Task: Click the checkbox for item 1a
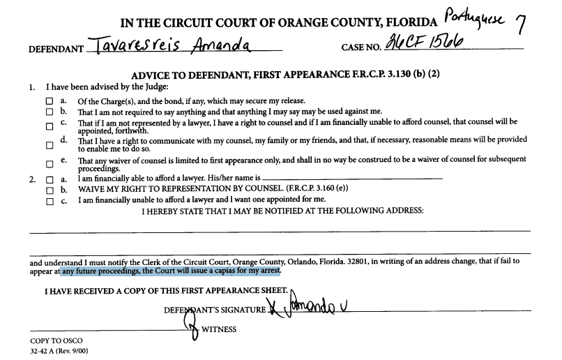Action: pos(49,102)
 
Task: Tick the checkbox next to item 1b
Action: pos(49,112)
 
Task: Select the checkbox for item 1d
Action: pos(49,146)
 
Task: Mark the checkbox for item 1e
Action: pos(49,165)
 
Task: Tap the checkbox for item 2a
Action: pos(49,179)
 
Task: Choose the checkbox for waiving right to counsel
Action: pos(49,190)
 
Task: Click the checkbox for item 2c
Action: pos(49,202)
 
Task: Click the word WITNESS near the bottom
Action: pos(219,329)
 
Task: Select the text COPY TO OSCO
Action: pos(56,340)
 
